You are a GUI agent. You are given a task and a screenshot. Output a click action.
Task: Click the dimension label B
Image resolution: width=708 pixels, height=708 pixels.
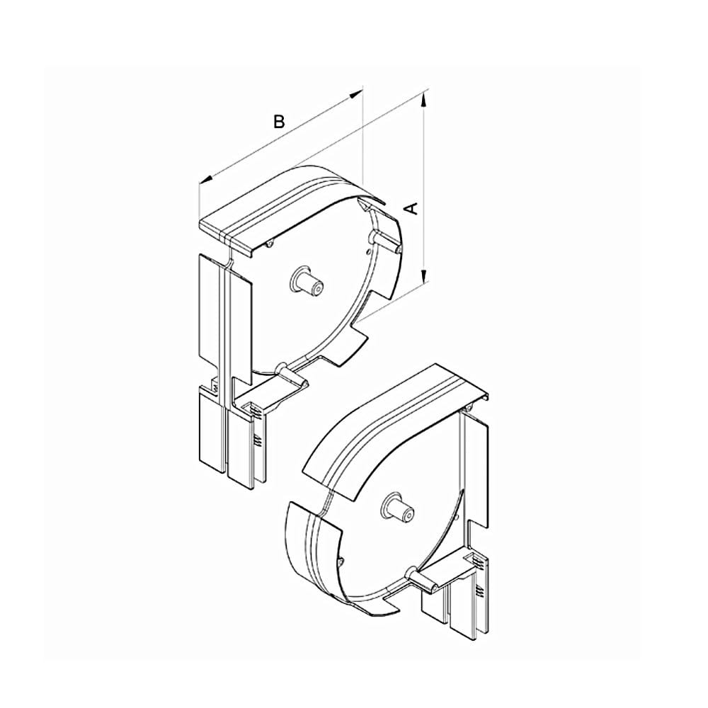tap(280, 121)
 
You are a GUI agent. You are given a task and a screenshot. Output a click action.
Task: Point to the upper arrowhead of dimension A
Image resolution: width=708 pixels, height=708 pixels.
tap(423, 101)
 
